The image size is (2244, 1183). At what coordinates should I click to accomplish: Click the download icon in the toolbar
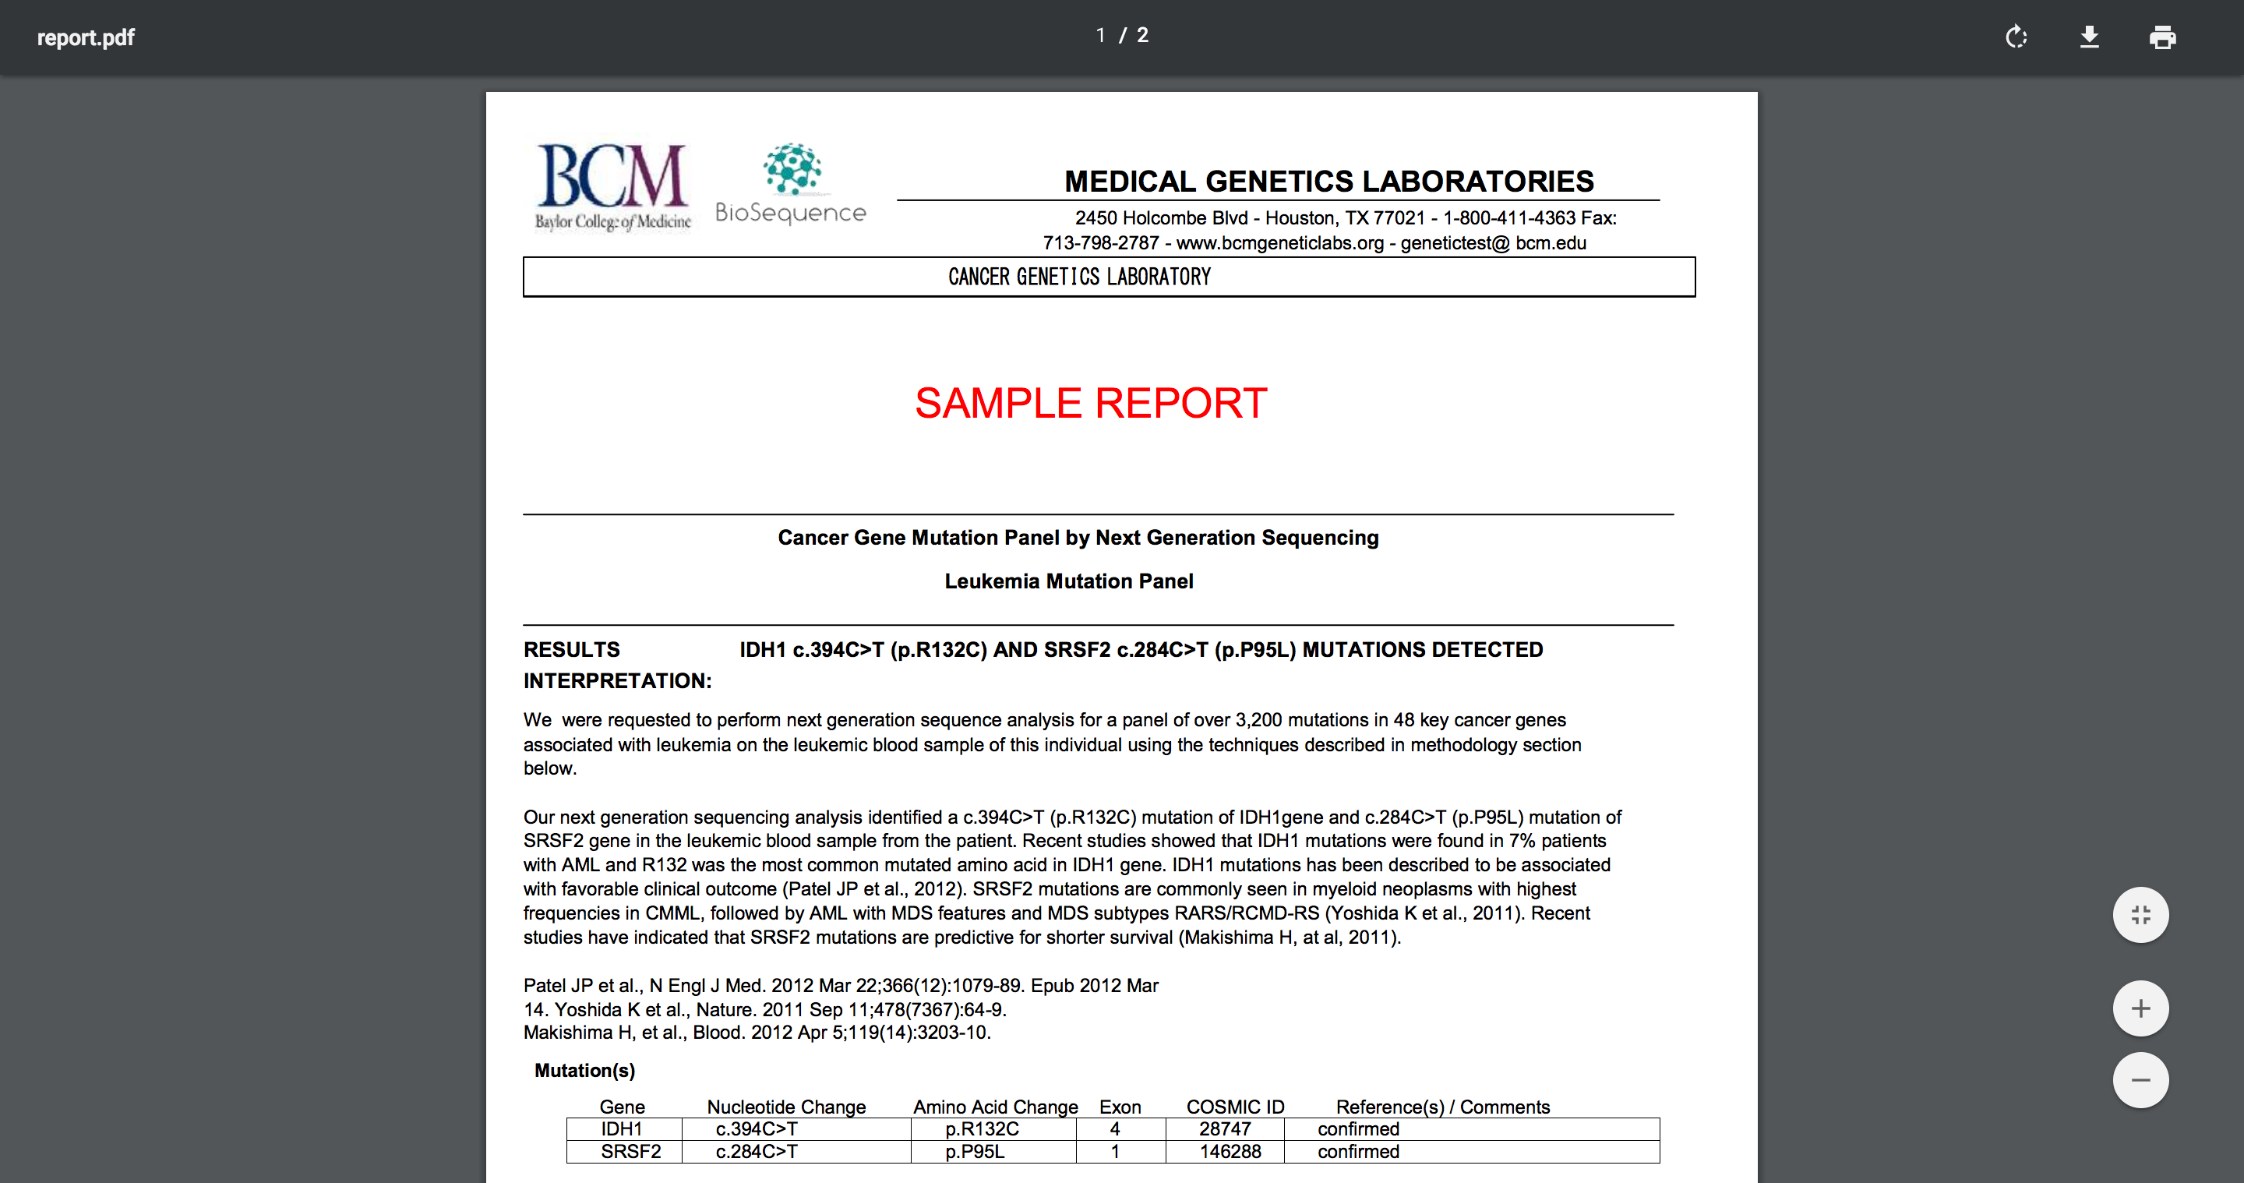click(2089, 37)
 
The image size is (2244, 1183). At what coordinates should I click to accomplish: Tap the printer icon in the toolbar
click(2162, 37)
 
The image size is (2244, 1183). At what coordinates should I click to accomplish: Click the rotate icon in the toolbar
click(2016, 37)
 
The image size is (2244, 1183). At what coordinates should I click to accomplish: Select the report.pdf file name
click(86, 37)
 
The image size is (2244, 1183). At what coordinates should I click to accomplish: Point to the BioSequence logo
click(791, 184)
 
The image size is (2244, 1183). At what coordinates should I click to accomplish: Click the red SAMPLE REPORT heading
click(1091, 404)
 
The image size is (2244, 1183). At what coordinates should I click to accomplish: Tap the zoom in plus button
click(2140, 1008)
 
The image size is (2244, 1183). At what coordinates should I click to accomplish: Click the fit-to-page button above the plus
click(2140, 915)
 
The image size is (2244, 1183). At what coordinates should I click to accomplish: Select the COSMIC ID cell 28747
click(1225, 1129)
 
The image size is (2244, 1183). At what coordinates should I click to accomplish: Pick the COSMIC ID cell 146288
click(1230, 1152)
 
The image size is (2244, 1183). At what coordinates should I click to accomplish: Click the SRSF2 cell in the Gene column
click(630, 1152)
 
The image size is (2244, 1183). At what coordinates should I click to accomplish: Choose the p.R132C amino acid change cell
click(982, 1129)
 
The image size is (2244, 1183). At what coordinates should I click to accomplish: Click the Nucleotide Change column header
click(785, 1107)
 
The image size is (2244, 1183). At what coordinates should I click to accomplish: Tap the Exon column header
click(1120, 1107)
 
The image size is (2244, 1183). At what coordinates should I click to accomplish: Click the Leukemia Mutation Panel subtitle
click(1069, 581)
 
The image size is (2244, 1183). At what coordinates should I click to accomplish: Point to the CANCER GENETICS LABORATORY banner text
click(1079, 277)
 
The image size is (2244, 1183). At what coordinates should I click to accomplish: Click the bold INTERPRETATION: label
click(617, 681)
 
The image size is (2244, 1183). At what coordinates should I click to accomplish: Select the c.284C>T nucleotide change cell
click(756, 1152)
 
